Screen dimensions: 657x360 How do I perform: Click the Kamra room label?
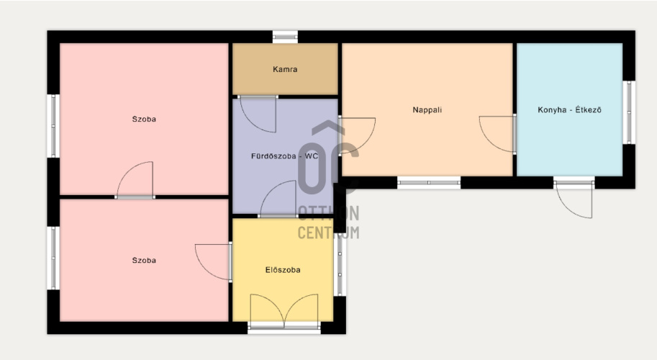coord(285,69)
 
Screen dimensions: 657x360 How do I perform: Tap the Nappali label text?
coord(427,110)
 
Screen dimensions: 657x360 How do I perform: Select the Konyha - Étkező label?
coord(569,110)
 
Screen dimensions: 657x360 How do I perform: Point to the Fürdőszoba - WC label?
coord(284,156)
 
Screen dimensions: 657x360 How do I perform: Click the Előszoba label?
coord(283,270)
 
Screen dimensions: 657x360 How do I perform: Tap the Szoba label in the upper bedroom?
coord(144,119)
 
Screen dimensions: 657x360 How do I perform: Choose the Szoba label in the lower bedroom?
coord(144,260)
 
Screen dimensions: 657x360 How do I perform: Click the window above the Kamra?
coord(285,37)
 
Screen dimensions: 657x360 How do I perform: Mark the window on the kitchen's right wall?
coord(629,112)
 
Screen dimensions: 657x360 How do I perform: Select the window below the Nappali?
coord(429,183)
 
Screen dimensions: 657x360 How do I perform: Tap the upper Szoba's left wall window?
coord(53,126)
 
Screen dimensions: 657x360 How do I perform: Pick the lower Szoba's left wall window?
coord(53,258)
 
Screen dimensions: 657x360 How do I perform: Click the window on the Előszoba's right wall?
coord(340,264)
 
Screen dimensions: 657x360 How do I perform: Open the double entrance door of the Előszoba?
coord(284,311)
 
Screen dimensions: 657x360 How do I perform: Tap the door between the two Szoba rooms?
coord(135,180)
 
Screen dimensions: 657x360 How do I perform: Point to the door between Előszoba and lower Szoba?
coord(213,262)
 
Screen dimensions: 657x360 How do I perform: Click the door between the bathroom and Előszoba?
coord(278,199)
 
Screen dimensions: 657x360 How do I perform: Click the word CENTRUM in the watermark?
coord(328,233)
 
